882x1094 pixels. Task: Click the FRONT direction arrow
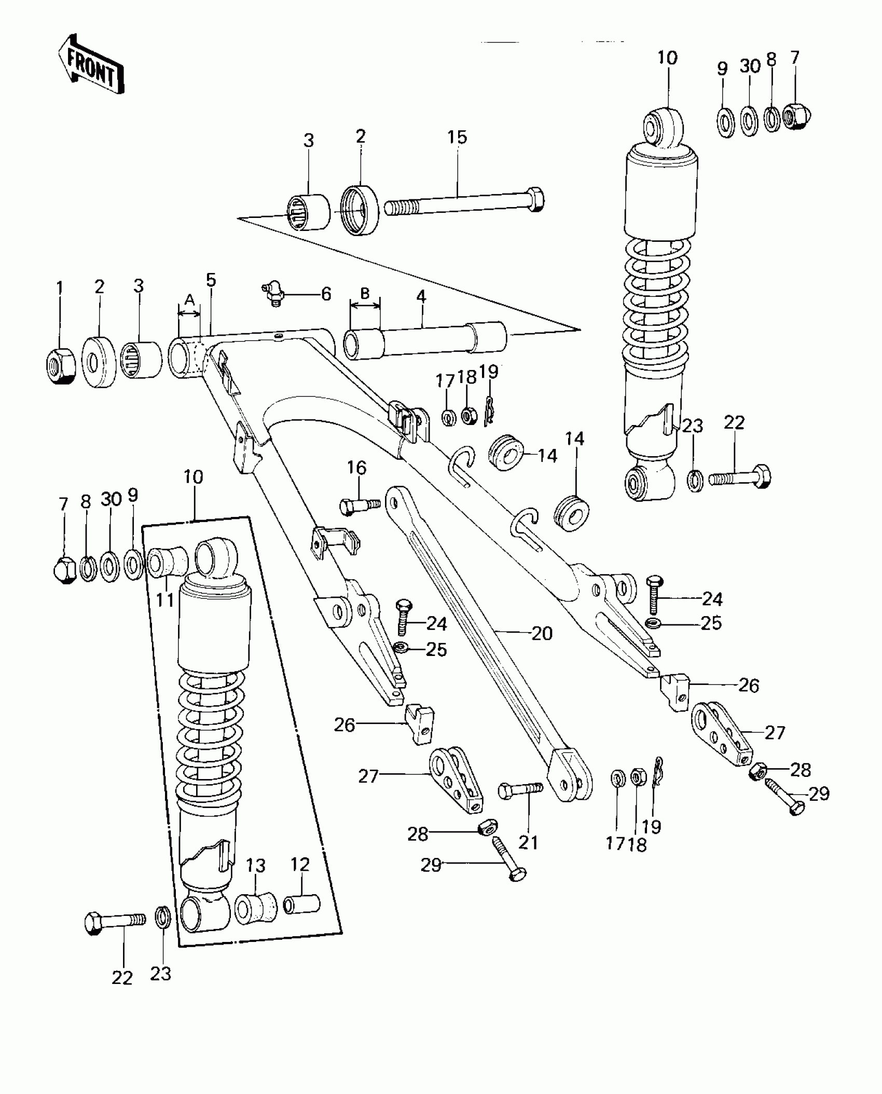(x=91, y=65)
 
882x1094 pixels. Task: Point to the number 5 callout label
(x=210, y=280)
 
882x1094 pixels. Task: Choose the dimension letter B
(x=365, y=293)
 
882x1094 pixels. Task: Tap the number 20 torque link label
(x=542, y=633)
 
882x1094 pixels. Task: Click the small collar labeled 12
(x=301, y=905)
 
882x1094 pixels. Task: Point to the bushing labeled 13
(x=256, y=907)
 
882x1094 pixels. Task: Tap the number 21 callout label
(x=528, y=842)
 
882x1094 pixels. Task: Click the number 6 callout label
(x=326, y=294)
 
